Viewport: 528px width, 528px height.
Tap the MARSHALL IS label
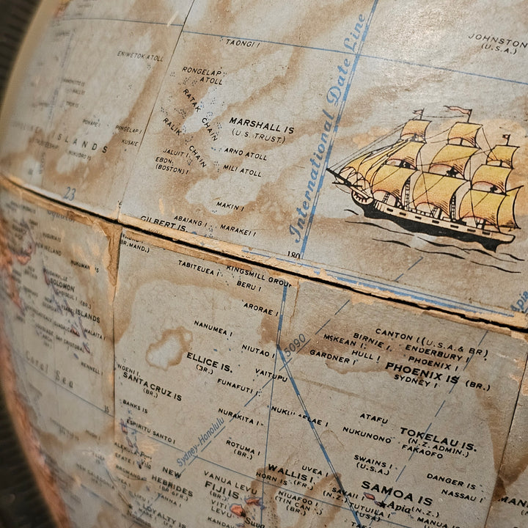pos(261,125)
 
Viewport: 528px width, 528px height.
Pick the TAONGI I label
pos(243,43)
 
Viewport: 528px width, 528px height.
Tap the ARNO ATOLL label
pos(243,152)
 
